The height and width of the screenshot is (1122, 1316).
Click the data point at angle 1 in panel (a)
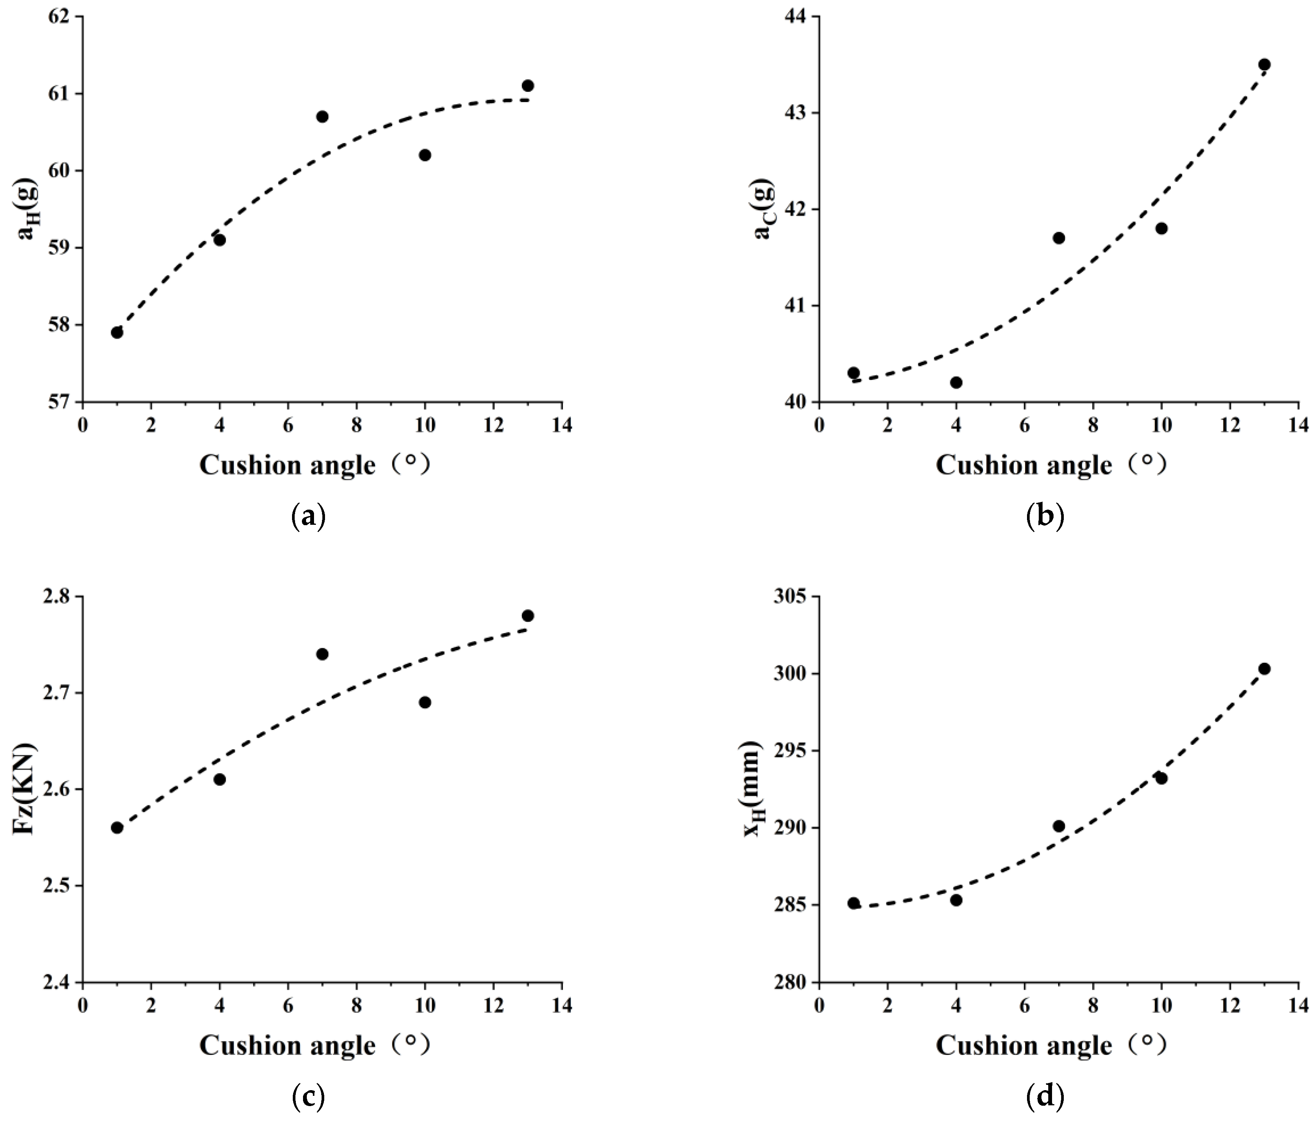pos(117,332)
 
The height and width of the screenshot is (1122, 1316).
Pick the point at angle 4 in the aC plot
pos(956,382)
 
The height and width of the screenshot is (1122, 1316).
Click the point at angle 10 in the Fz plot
pos(425,702)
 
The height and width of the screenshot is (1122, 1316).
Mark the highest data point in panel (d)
pos(1264,668)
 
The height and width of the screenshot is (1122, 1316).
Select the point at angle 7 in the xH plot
pos(1059,826)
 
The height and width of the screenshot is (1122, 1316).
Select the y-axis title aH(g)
pos(28,208)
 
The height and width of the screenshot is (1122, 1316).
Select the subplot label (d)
pos(1045,1097)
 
